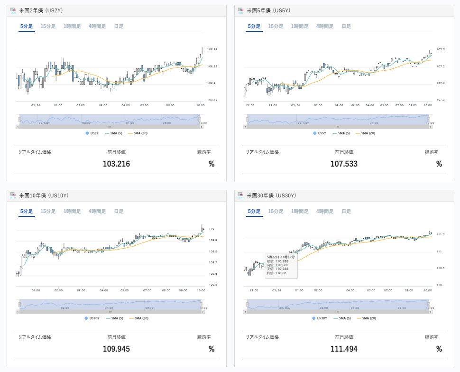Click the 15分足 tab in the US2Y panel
48,27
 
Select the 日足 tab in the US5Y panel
346,27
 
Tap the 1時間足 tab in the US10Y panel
72,212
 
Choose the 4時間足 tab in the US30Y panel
325,212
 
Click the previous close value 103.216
116,164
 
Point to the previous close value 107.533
344,164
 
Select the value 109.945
116,349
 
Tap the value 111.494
344,349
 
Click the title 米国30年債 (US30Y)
271,195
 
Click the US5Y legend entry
322,133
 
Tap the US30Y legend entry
322,318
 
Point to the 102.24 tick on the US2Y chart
212,50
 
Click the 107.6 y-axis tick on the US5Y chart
440,49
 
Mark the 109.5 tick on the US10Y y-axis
212,285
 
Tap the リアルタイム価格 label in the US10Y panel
35,337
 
